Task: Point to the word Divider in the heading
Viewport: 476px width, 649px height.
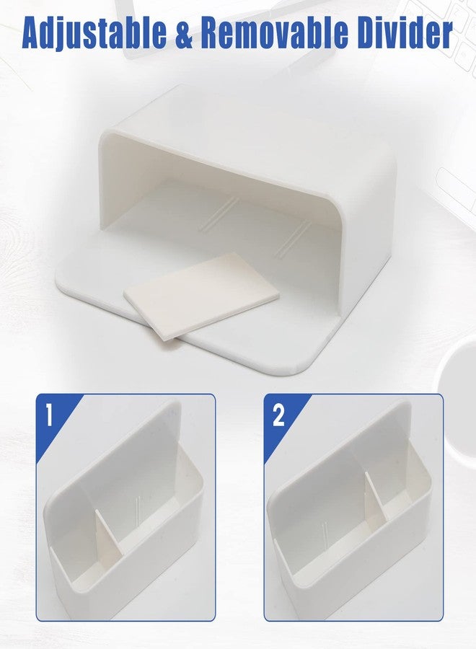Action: [x=404, y=32]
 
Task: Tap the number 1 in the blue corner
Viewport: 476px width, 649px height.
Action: [x=49, y=415]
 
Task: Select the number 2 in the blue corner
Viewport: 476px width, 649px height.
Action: [x=278, y=415]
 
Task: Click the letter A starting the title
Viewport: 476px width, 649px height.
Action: [x=33, y=33]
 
